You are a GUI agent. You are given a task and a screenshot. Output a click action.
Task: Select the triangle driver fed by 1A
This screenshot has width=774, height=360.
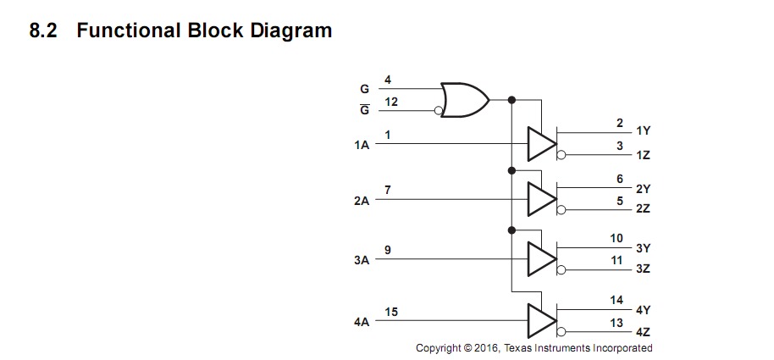(x=540, y=144)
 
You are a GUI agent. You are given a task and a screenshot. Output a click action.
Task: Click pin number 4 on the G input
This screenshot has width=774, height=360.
(x=388, y=80)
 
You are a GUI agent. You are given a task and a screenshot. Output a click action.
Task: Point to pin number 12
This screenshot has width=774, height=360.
(x=390, y=102)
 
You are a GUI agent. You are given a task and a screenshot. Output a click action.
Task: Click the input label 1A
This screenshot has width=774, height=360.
(x=362, y=146)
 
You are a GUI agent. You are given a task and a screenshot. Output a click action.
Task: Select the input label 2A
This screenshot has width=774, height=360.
(x=362, y=202)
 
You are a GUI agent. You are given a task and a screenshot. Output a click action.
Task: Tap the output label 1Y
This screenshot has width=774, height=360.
(x=643, y=131)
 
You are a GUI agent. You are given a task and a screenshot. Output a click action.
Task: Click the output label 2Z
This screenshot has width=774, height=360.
(x=643, y=208)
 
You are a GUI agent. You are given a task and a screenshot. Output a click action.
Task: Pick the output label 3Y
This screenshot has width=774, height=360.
(x=643, y=249)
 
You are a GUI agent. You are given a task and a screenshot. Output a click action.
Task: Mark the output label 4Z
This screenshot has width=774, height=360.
(x=643, y=332)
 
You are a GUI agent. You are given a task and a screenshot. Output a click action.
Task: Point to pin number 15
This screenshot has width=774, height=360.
(x=390, y=313)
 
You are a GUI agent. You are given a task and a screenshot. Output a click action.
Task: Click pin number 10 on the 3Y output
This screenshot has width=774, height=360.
(x=616, y=239)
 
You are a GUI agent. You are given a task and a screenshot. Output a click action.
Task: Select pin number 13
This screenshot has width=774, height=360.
(x=616, y=323)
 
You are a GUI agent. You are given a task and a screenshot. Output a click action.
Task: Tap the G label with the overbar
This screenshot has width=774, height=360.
(x=364, y=110)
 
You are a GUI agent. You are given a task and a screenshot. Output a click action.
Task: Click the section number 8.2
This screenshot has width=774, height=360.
(x=43, y=31)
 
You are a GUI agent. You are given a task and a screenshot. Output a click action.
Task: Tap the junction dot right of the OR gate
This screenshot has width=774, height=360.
(x=511, y=100)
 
